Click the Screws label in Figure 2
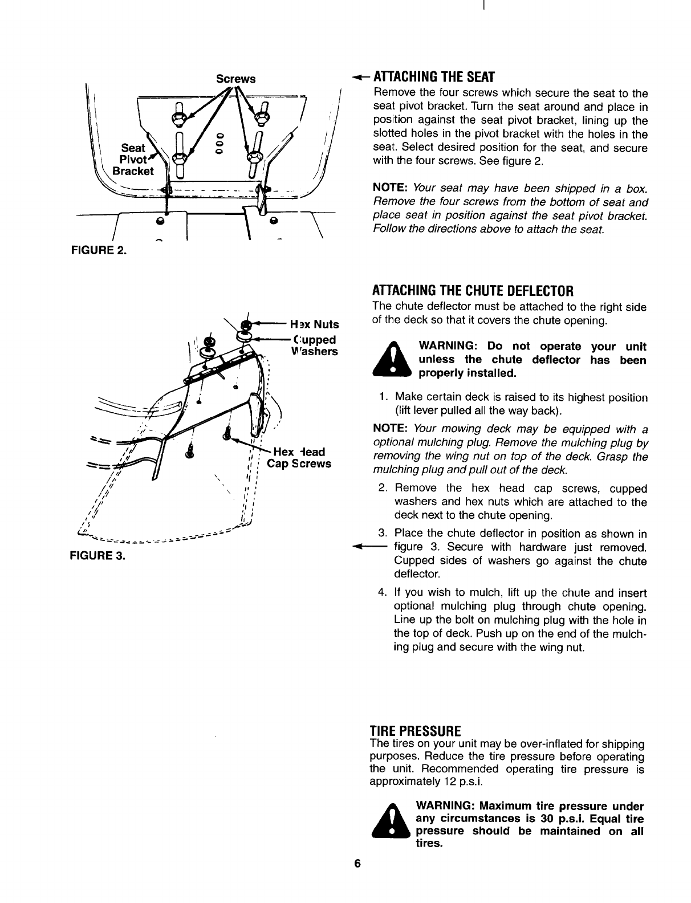click(235, 78)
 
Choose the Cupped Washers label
click(314, 345)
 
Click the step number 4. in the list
click(383, 593)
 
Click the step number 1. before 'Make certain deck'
click(384, 397)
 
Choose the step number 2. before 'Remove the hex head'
click(383, 489)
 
